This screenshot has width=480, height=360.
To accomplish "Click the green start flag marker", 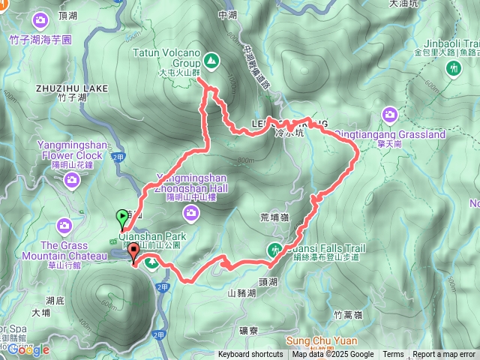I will tap(122, 218).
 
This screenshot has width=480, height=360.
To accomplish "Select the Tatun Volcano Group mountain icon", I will tap(211, 58).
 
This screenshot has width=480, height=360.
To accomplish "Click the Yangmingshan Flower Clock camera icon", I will tap(71, 178).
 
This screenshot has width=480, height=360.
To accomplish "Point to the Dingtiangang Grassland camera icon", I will tap(389, 114).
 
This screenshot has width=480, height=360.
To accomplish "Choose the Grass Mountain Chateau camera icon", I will tap(64, 224).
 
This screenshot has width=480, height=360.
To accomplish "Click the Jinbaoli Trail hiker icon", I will tap(452, 68).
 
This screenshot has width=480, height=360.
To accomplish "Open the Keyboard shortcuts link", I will tap(250, 355).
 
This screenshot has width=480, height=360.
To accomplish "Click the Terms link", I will tap(393, 355).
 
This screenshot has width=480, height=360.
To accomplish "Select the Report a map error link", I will tap(443, 355).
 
